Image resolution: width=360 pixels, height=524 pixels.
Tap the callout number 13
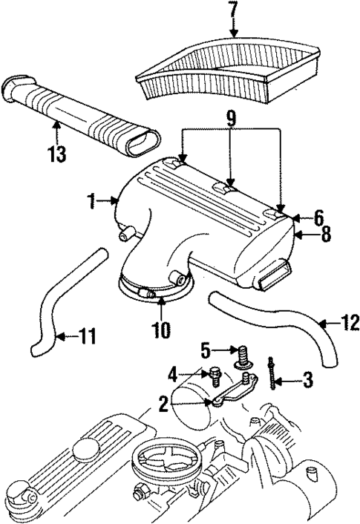coord(56,154)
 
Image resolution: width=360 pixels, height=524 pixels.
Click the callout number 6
coord(318,217)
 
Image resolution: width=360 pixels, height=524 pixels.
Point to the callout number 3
coord(307,380)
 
